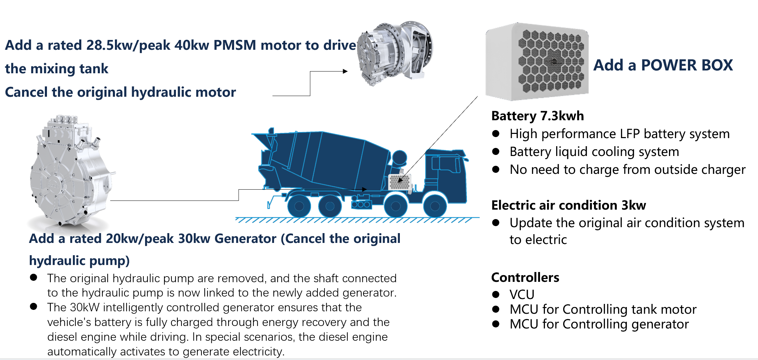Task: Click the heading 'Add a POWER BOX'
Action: coord(663,65)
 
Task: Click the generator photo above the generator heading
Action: coord(70,172)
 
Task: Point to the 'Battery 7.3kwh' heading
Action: coord(537,116)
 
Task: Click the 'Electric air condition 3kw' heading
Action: coord(568,205)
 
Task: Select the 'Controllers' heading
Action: coord(525,277)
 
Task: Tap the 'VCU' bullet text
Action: coord(521,294)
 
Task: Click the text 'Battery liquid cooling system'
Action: coord(594,152)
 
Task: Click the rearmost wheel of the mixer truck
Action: coord(299,206)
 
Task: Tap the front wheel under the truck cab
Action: coord(435,206)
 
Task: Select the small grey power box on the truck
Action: coord(400,182)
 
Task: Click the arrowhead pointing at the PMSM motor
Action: coord(345,71)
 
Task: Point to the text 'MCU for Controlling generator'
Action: coord(599,324)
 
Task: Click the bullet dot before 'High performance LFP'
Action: coord(496,134)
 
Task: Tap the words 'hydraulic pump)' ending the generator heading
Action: coord(80,261)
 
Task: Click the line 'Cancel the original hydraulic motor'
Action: coord(120,92)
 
